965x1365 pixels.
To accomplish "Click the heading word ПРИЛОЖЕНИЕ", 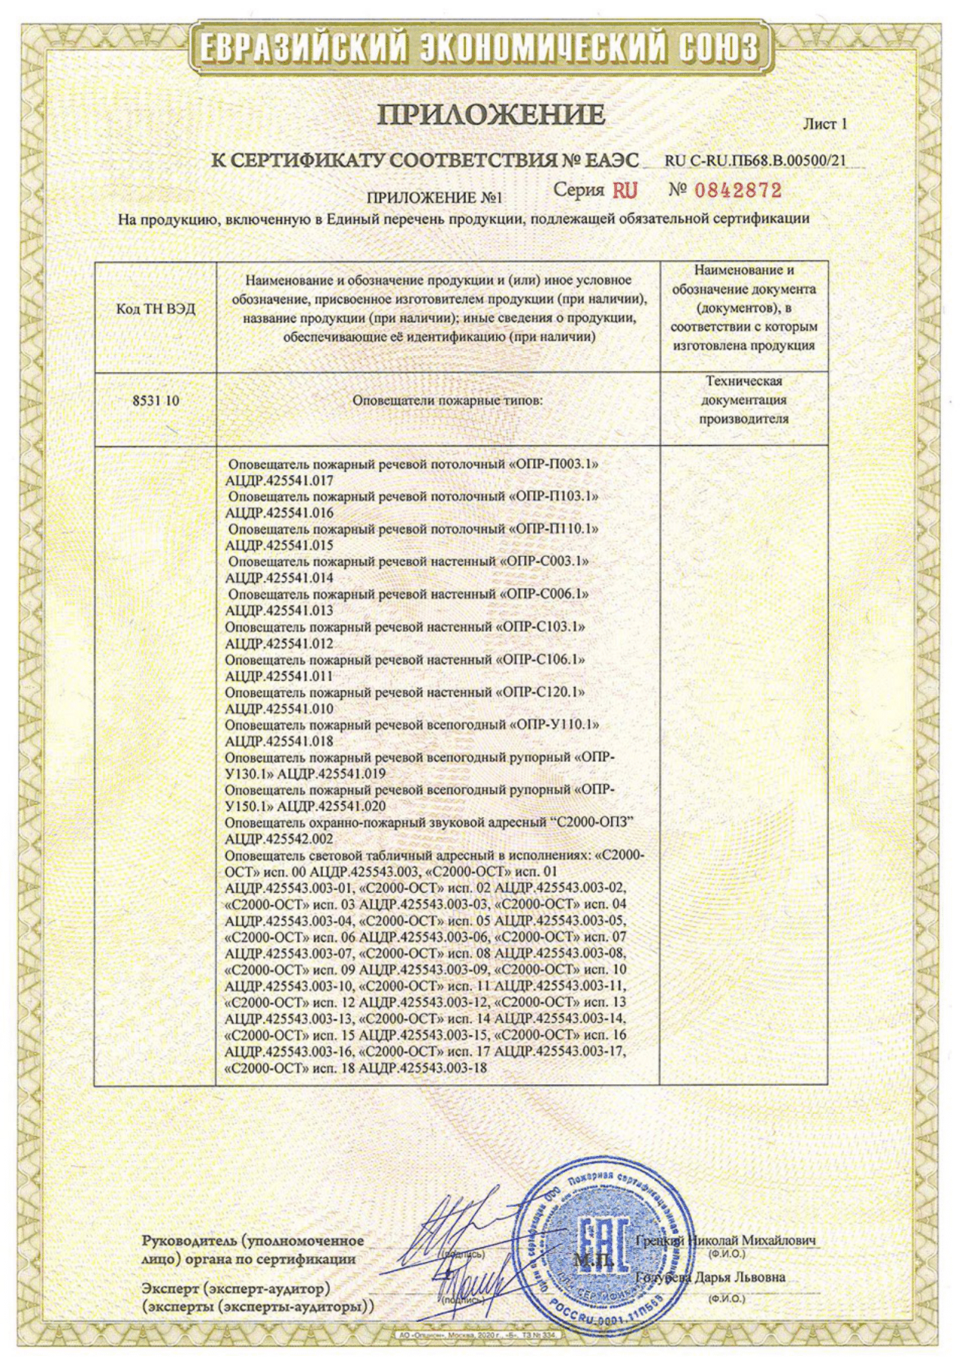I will pos(491,115).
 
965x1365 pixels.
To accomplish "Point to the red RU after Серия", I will pos(625,190).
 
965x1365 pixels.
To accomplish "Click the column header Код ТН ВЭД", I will pos(155,309).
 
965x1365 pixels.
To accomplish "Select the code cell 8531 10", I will pos(156,400).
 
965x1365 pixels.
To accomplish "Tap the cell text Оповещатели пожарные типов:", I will pos(448,400).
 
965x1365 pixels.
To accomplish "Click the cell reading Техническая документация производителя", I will pos(743,400).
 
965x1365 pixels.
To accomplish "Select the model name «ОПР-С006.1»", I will pos(545,594).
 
